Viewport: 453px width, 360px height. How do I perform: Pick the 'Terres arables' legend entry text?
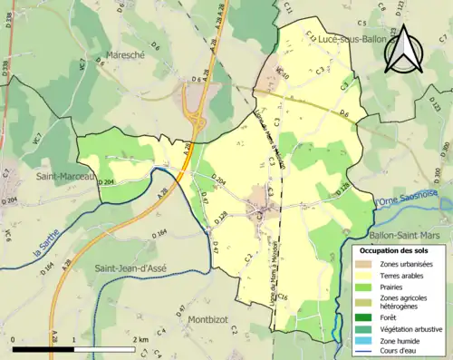pyautogui.click(x=406, y=276)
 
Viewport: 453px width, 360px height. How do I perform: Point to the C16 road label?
pyautogui.click(x=283, y=297)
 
